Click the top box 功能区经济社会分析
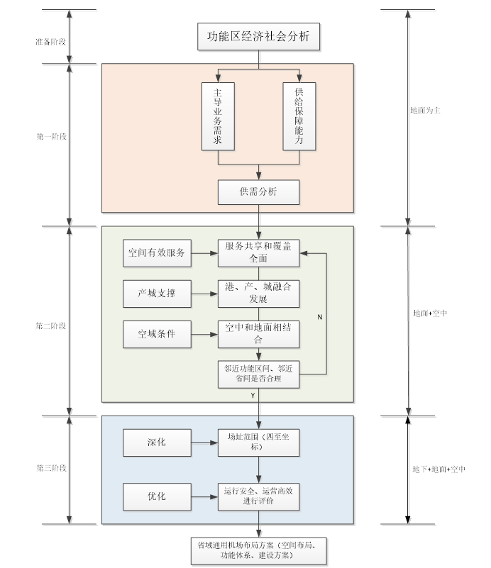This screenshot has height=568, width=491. pyautogui.click(x=258, y=37)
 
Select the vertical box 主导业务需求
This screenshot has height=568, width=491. pyautogui.click(x=218, y=116)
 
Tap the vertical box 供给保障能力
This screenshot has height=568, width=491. pyautogui.click(x=299, y=116)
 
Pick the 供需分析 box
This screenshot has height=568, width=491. pyautogui.click(x=258, y=192)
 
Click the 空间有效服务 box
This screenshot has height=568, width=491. pyautogui.click(x=157, y=253)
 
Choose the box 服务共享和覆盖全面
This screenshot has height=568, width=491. pyautogui.click(x=258, y=253)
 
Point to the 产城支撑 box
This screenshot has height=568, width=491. pyautogui.click(x=157, y=294)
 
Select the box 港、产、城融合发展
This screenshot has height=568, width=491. pyautogui.click(x=258, y=294)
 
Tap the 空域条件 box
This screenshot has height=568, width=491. pyautogui.click(x=157, y=334)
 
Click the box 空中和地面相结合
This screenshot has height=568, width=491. pyautogui.click(x=258, y=334)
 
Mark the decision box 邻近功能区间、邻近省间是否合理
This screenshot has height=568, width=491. pyautogui.click(x=258, y=374)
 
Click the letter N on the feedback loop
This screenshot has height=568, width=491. pyautogui.click(x=319, y=317)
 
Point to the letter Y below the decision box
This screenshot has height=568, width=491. pyautogui.click(x=253, y=396)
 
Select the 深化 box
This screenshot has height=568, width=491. pyautogui.click(x=157, y=442)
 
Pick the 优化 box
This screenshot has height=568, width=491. pyautogui.click(x=157, y=496)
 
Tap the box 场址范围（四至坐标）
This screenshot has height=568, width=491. pyautogui.click(x=258, y=442)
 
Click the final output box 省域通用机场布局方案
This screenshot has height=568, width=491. pyautogui.click(x=259, y=551)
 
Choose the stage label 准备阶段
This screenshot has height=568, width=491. pyautogui.click(x=50, y=42)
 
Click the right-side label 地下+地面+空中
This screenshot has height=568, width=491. pyautogui.click(x=438, y=469)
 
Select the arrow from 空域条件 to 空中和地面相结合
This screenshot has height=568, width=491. pyautogui.click(x=204, y=335)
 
